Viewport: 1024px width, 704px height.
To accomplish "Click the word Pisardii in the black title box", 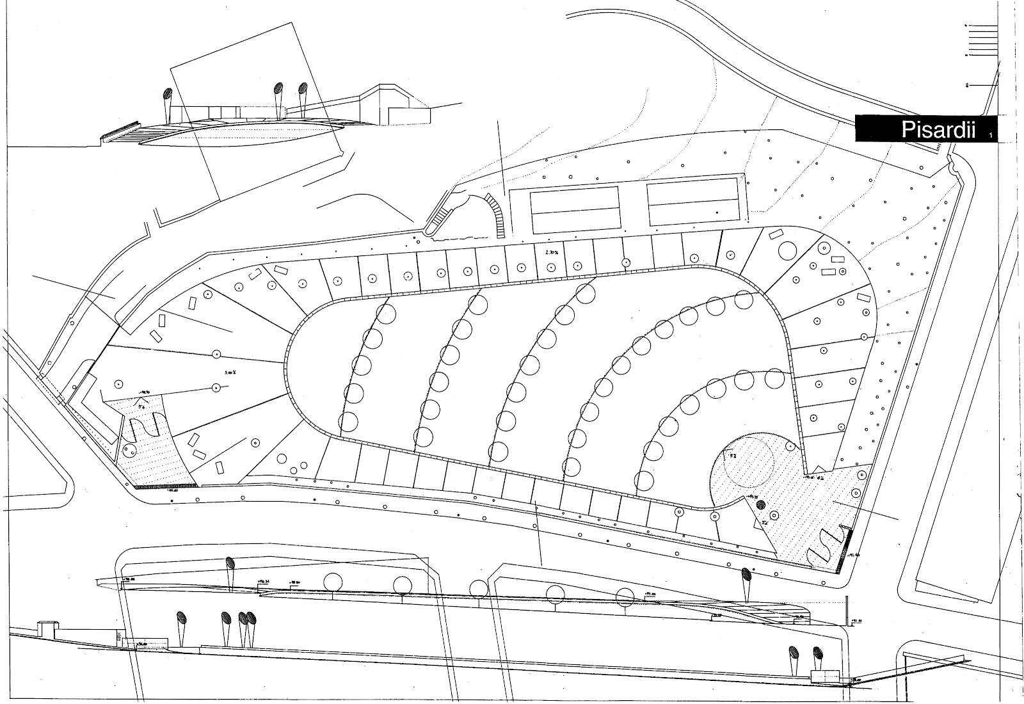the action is [938, 131].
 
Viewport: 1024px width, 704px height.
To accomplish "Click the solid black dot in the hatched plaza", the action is [760, 505].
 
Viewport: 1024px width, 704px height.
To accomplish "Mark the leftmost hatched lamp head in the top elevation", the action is [167, 100].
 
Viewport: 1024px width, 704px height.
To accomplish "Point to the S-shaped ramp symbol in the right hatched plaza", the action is [824, 545].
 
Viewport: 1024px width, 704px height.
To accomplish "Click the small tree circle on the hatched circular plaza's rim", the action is [792, 445].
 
